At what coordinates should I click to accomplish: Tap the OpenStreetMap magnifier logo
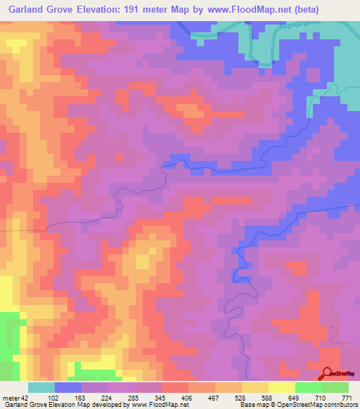click(328, 374)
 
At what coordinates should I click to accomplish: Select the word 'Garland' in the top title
click(28, 10)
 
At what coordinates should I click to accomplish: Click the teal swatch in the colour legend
click(41, 387)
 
